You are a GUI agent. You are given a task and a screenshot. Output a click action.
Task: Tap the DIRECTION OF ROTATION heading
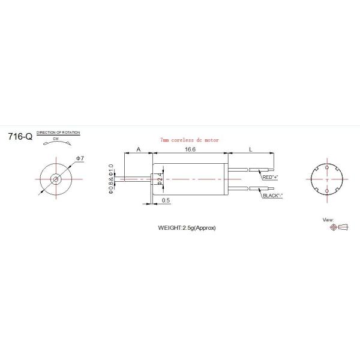click(58, 131)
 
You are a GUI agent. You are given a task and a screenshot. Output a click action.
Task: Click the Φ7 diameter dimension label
click(79, 158)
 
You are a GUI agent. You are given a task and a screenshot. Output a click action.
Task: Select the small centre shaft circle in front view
click(55, 178)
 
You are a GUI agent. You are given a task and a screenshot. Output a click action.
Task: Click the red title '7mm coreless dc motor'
click(190, 139)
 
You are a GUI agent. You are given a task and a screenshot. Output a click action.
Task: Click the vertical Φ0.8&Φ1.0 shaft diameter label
click(111, 178)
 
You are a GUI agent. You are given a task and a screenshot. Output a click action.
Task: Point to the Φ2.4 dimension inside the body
click(160, 179)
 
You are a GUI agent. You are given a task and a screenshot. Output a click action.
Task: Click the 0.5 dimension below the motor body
click(166, 200)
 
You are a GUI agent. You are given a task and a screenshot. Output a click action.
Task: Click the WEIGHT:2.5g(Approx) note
click(187, 228)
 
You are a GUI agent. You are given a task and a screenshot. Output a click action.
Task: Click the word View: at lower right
click(328, 220)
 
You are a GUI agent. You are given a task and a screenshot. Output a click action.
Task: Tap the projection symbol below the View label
click(338, 227)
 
